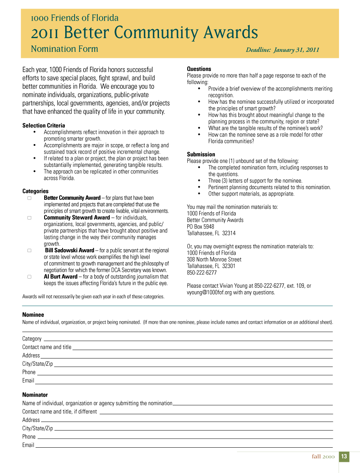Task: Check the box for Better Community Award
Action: pyautogui.click(x=30, y=198)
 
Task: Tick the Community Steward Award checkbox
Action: pyautogui.click(x=30, y=218)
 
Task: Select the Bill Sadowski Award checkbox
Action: pyautogui.click(x=30, y=250)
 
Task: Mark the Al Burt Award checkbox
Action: pyautogui.click(x=30, y=277)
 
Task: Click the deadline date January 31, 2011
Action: pyautogui.click(x=297, y=50)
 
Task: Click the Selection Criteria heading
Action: pyautogui.click(x=44, y=126)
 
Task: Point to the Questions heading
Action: pyautogui.click(x=199, y=69)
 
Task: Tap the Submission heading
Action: pyautogui.click(x=201, y=154)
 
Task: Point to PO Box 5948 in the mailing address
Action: pyautogui.click(x=200, y=227)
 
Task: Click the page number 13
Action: pyautogui.click(x=344, y=457)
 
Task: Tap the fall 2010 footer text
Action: pyautogui.click(x=323, y=457)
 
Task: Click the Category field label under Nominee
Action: pyautogui.click(x=32, y=339)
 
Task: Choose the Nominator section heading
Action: pyautogui.click(x=35, y=395)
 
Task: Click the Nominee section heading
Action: pyautogui.click(x=33, y=315)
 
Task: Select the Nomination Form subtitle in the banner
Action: pyautogui.click(x=64, y=49)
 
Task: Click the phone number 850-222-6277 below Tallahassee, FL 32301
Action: pyautogui.click(x=202, y=273)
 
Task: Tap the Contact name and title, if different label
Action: pyautogui.click(x=60, y=412)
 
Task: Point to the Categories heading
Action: pyautogui.click(x=36, y=191)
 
